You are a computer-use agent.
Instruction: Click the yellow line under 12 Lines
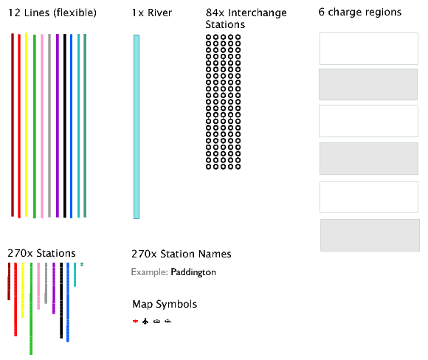pos(27,125)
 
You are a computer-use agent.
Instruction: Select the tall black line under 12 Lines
pos(65,126)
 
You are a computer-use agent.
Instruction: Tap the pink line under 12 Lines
pos(42,126)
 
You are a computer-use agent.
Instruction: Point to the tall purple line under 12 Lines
pos(58,125)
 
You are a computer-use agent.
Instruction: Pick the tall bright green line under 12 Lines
pos(35,126)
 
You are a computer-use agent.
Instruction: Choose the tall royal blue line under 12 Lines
pos(72,126)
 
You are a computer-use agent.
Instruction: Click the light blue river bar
pos(137,127)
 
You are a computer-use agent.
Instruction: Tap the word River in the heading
pos(159,13)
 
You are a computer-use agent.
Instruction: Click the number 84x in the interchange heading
pos(215,13)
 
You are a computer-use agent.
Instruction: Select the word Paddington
pos(193,272)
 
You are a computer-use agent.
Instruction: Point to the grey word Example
pos(149,272)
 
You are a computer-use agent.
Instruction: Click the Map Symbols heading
pos(165,304)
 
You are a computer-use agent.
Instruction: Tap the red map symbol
pos(135,321)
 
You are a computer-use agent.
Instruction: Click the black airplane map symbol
pos(145,321)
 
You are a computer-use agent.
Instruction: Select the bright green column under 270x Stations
pos(31,308)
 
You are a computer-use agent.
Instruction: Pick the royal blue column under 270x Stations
pos(68,302)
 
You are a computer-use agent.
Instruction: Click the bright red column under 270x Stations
pos(15,300)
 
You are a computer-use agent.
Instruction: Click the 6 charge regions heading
pos(360,12)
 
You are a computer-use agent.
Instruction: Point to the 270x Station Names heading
pos(182,254)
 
